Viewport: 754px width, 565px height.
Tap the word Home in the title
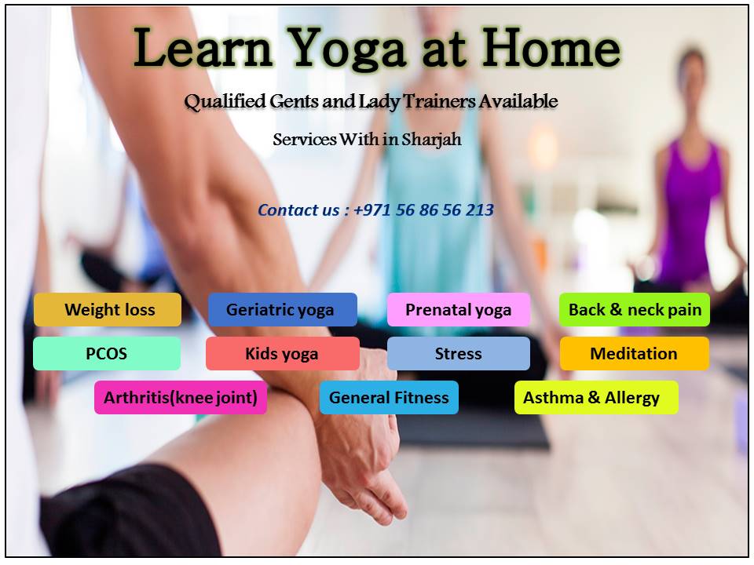(551, 47)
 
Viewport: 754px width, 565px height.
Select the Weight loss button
(108, 309)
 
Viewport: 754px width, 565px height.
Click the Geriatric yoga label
(283, 309)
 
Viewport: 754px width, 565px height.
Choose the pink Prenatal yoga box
(459, 309)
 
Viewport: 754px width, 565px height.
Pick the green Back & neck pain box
(635, 309)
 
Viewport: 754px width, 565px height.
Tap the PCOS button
(107, 354)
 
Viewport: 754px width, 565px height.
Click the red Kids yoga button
(283, 354)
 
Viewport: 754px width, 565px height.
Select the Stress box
(459, 354)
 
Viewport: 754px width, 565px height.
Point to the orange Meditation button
(635, 354)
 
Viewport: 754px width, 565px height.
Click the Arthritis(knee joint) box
(181, 397)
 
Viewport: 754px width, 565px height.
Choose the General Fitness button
(389, 397)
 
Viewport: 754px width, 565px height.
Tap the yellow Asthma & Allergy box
(596, 397)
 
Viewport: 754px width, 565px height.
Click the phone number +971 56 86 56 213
(423, 210)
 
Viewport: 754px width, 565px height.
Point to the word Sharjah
(431, 140)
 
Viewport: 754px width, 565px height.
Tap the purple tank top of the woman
(689, 211)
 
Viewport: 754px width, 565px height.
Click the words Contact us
(298, 210)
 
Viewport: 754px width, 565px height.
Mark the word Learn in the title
(203, 48)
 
